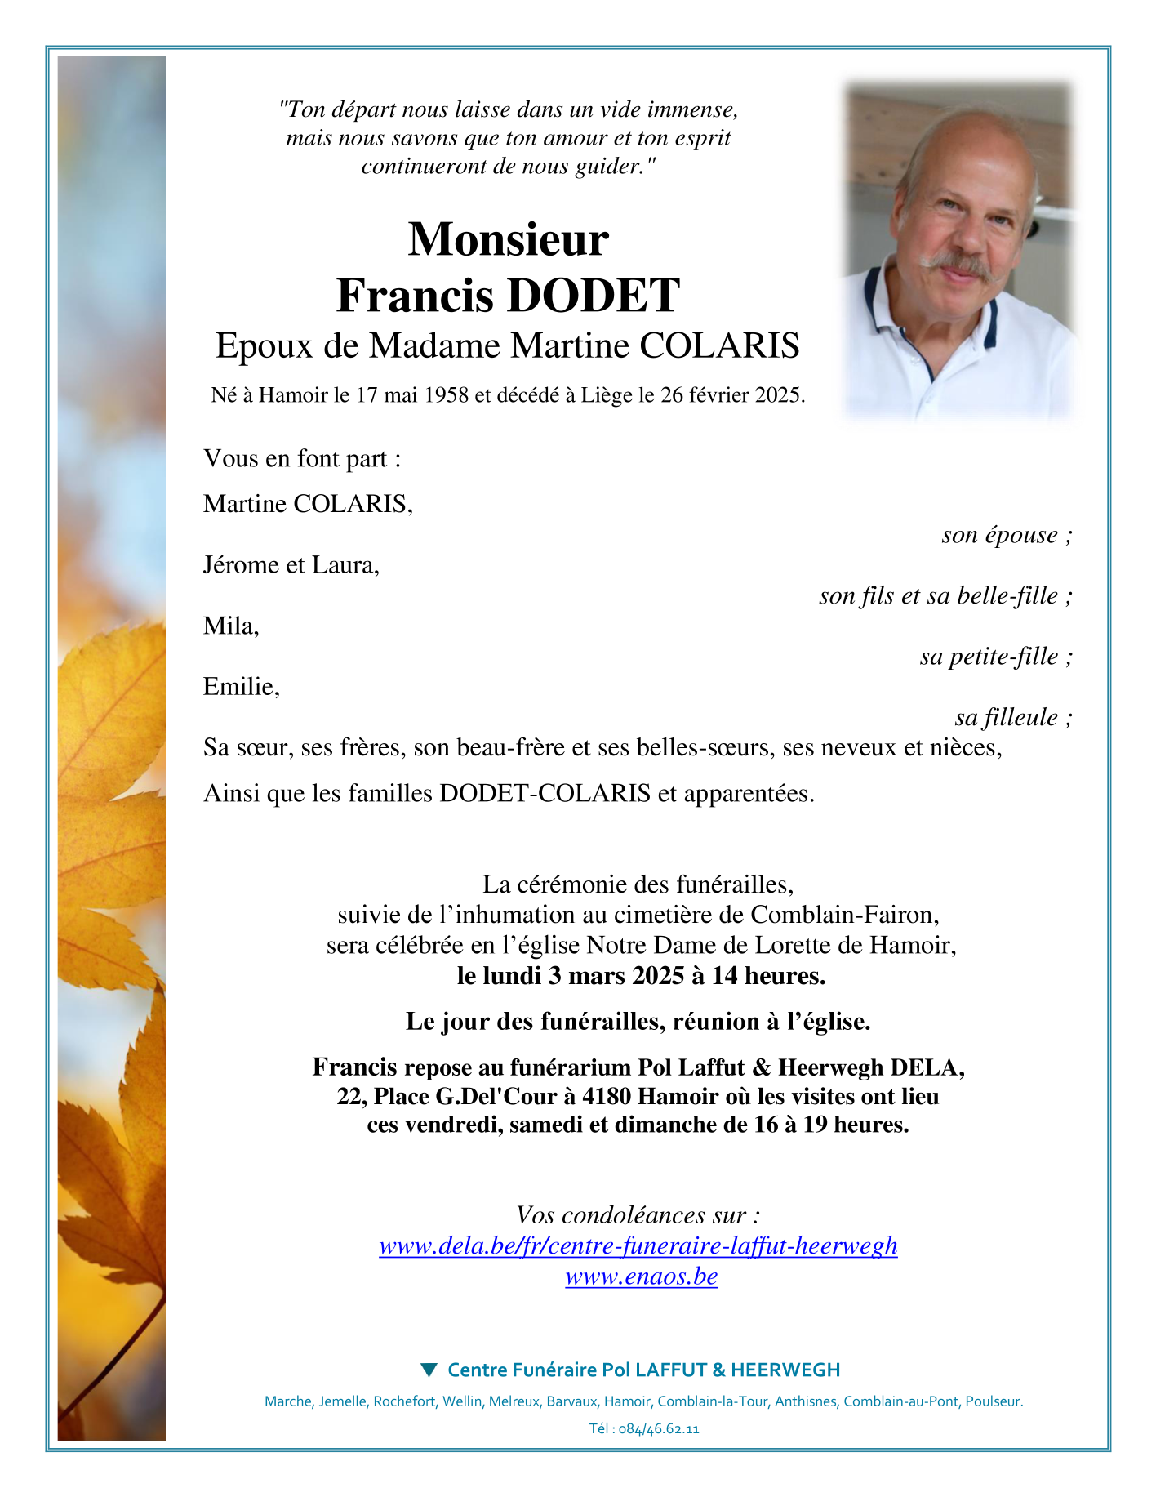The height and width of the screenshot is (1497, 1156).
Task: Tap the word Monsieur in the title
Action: point(508,239)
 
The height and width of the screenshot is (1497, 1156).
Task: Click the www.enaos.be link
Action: point(641,1276)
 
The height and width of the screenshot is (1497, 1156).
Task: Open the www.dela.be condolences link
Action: point(638,1245)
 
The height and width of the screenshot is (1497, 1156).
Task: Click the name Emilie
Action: point(240,686)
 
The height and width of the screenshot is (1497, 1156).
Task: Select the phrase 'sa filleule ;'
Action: point(1012,717)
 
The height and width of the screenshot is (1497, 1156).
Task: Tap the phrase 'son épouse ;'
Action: point(1006,535)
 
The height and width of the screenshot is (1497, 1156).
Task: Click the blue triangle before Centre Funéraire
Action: point(429,1370)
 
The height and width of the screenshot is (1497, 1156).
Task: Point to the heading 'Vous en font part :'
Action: point(302,458)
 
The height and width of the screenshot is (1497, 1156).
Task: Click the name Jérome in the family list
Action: point(236,564)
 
